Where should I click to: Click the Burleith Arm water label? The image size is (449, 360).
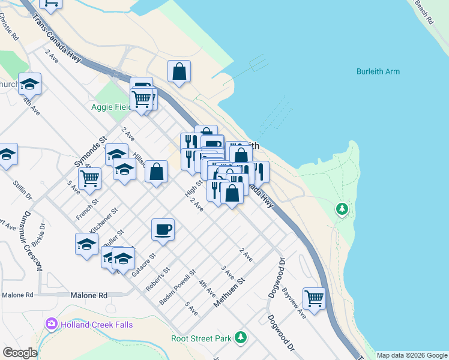coord(378,72)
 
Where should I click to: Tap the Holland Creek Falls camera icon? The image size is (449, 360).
coord(52,325)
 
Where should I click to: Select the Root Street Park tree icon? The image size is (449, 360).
coord(241,337)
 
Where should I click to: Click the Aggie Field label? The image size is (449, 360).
coord(111,107)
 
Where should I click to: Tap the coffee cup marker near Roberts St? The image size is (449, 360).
coord(163,229)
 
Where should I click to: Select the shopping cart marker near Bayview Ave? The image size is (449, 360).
coord(314,298)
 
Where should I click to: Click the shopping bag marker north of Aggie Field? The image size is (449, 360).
coord(179,71)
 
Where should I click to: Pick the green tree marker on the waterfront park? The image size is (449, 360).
coord(342,209)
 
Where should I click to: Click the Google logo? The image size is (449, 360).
coord(20,353)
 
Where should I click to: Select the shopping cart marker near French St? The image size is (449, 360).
coord(89,178)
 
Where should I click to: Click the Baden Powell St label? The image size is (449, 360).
coord(178,287)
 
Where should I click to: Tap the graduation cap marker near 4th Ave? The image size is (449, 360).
coord(29,84)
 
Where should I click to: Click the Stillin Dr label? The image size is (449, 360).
coord(20,188)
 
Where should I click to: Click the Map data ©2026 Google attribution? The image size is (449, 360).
coord(411,355)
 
